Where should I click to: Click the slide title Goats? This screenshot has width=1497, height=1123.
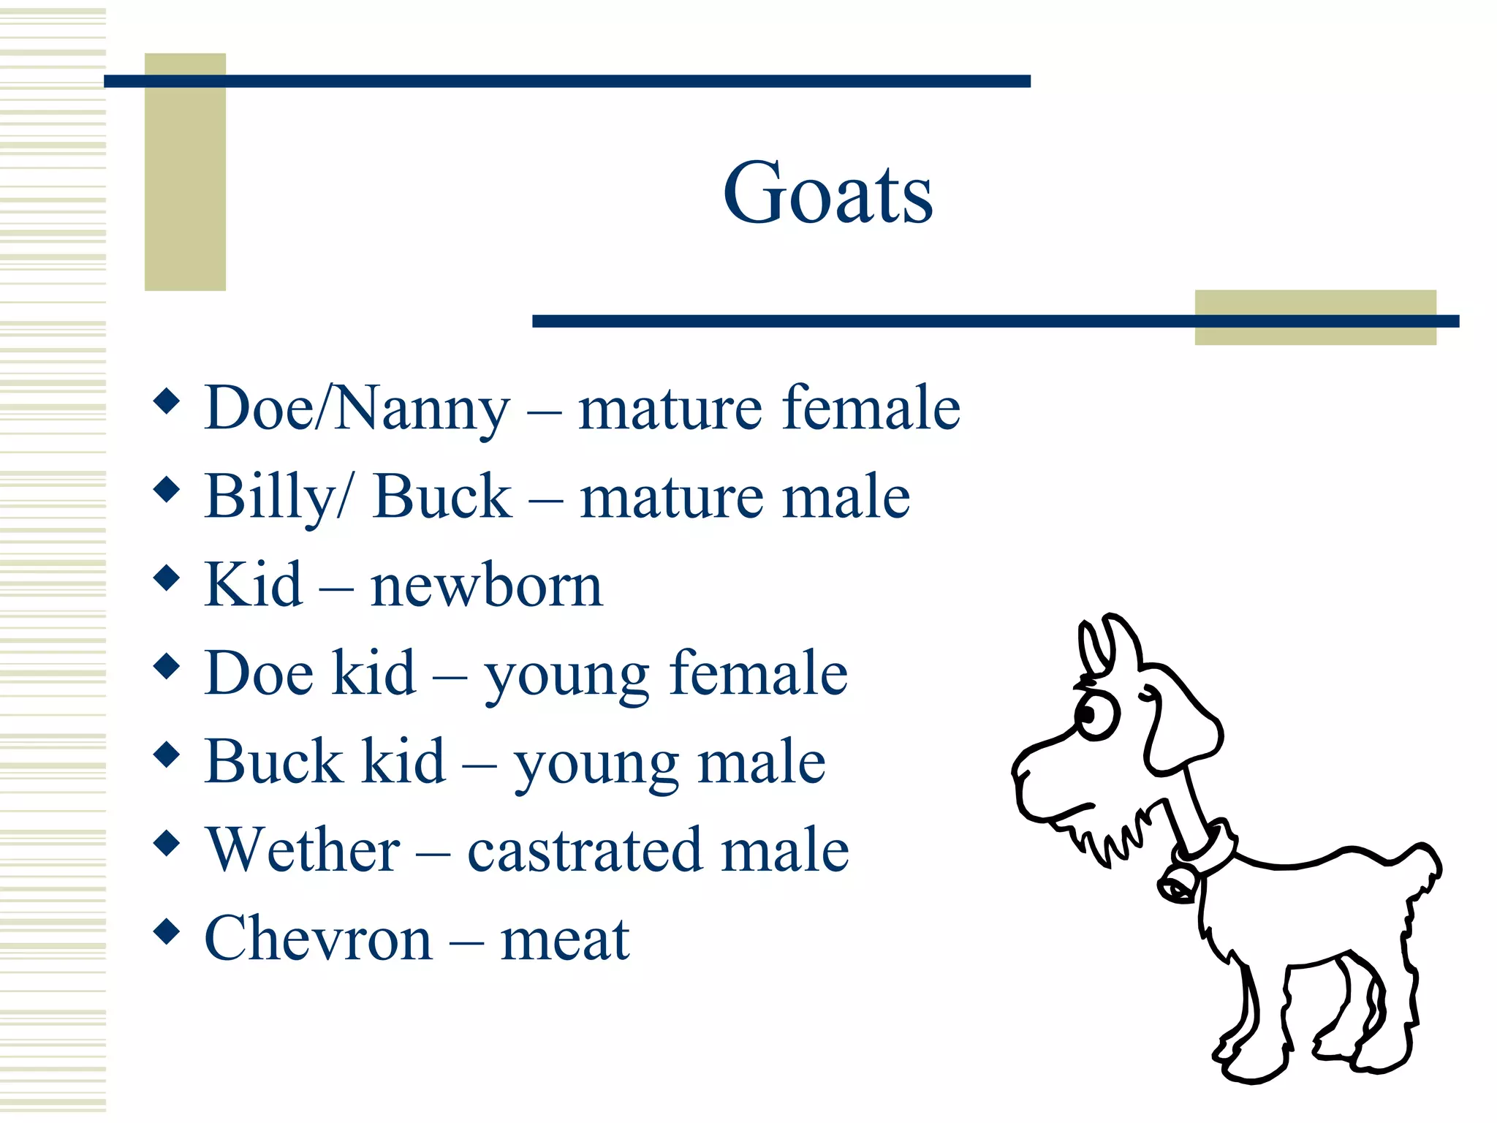tap(827, 193)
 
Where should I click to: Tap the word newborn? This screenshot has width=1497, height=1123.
tap(486, 586)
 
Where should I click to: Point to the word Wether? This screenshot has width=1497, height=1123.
tap(303, 850)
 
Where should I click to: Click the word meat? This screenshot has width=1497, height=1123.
tap(564, 939)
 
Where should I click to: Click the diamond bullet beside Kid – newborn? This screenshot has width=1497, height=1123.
tap(167, 578)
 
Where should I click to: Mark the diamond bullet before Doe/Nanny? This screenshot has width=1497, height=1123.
tap(167, 401)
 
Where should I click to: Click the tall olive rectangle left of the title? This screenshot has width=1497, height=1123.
tap(185, 172)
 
